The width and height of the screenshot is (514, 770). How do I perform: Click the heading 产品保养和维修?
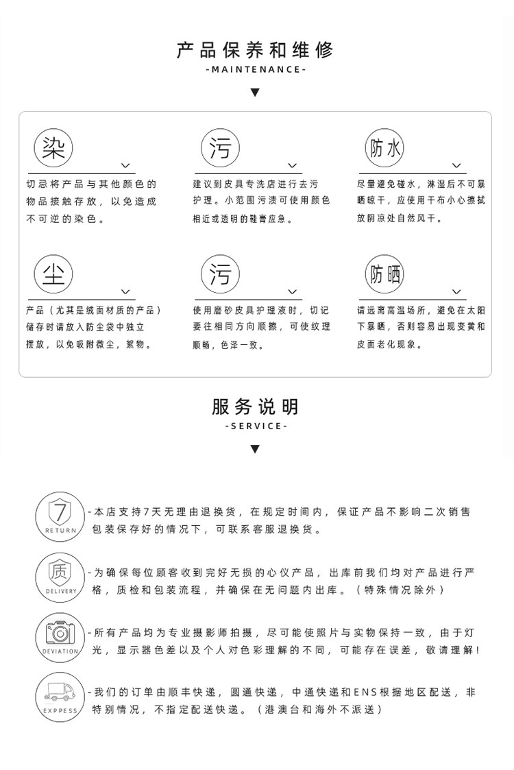(255, 49)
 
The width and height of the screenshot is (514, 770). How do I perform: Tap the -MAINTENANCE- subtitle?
(255, 69)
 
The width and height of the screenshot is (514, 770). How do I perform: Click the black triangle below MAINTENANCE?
(255, 93)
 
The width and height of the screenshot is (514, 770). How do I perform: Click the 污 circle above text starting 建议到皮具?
(220, 147)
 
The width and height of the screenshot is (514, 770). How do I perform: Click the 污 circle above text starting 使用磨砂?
(220, 274)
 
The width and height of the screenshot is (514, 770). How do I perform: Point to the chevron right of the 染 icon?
(125, 165)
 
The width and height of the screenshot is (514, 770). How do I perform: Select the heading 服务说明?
(255, 407)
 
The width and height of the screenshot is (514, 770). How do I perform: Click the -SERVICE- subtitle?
(255, 426)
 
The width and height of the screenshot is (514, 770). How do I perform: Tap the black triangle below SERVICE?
(255, 450)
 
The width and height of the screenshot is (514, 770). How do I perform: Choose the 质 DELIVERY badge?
(60, 575)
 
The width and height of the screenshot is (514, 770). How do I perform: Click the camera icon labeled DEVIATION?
(60, 635)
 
